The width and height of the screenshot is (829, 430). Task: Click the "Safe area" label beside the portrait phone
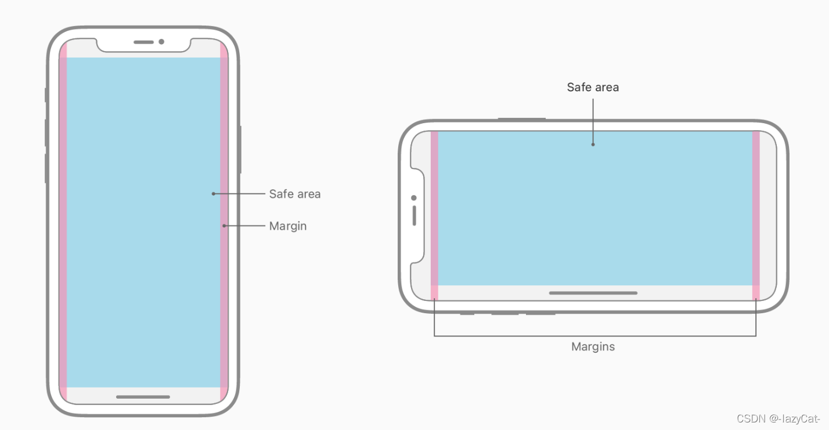pos(294,194)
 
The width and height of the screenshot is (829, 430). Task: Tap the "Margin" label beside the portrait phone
pos(287,226)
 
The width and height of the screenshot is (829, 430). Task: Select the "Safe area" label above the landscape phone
pos(593,87)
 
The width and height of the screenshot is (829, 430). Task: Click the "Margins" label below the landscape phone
pos(593,347)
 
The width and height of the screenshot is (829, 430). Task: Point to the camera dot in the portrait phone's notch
pos(161,42)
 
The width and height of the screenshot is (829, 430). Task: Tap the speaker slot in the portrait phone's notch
pos(143,42)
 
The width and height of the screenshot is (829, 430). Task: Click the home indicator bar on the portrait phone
pos(143,397)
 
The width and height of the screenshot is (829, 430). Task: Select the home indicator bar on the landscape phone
pos(593,293)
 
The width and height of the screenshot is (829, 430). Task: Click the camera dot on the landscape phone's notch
pos(414,198)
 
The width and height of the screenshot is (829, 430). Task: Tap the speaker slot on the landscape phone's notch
pos(414,216)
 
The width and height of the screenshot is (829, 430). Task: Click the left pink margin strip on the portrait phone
pos(63,221)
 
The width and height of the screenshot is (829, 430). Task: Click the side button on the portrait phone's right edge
pos(240,149)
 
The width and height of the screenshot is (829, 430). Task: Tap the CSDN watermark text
pos(778,418)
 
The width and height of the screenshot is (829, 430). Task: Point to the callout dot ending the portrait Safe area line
pos(214,193)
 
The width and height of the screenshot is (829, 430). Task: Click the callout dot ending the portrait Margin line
pos(224,225)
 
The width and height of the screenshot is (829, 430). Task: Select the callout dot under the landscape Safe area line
pos(593,144)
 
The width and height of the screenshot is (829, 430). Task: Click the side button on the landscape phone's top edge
pos(521,119)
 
